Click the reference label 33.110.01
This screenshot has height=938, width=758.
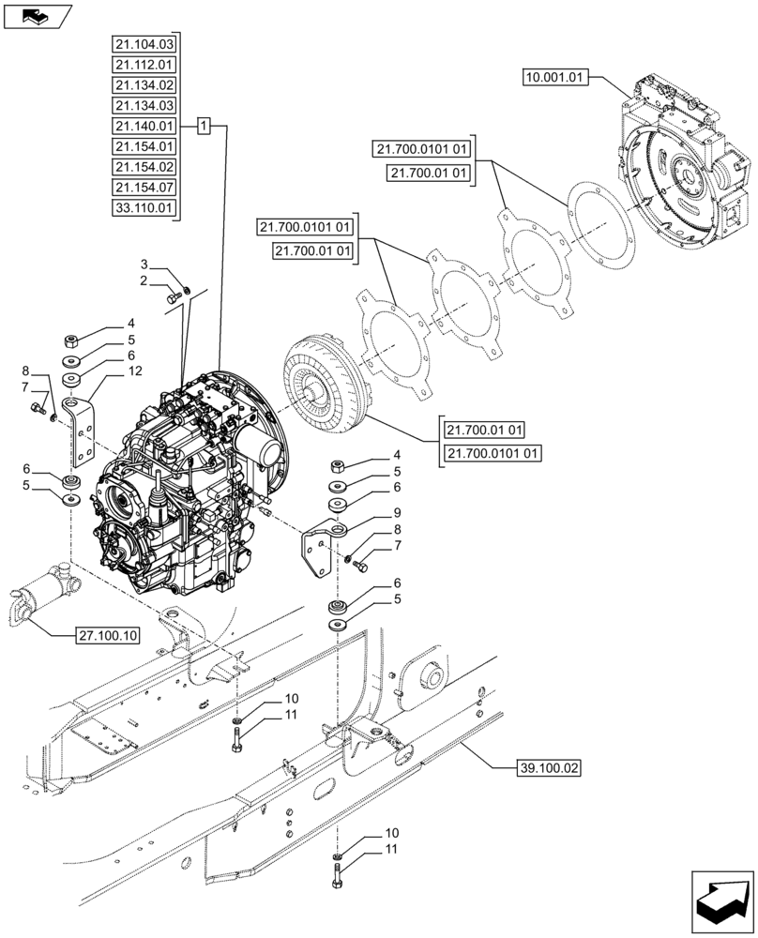point(144,207)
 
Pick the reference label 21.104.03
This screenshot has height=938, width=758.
point(144,44)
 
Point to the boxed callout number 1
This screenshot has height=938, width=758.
point(205,126)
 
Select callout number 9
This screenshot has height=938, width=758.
point(371,513)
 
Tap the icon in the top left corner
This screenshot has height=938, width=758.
point(37,15)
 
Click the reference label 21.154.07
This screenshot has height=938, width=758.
point(144,188)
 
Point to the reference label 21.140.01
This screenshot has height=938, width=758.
point(144,126)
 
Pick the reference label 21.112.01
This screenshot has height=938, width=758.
point(144,65)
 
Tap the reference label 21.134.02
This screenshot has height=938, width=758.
point(144,85)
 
